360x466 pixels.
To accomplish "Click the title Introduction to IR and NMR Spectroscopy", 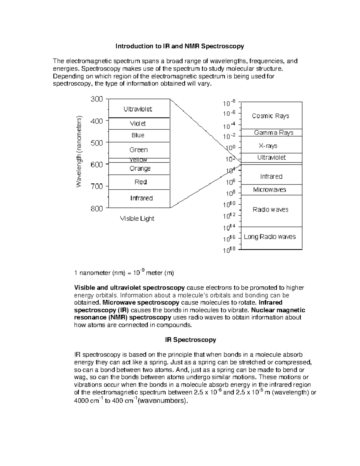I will pyautogui.click(x=180, y=46).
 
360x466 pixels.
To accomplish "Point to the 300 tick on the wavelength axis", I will pyautogui.click(x=97, y=99).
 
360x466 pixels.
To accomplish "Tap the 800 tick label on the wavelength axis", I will pyautogui.click(x=97, y=209).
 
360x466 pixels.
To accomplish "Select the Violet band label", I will pyautogui.click(x=138, y=123).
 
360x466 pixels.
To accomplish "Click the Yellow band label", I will pyautogui.click(x=138, y=160).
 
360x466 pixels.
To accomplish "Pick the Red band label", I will pyautogui.click(x=140, y=182).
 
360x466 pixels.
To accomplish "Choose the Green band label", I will pyautogui.click(x=138, y=149).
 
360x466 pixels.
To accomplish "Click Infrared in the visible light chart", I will pyautogui.click(x=141, y=198).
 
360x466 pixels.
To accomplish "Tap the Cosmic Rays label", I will pyautogui.click(x=270, y=116).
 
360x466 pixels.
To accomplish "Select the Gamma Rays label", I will pyautogui.click(x=274, y=133).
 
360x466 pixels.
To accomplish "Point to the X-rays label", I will pyautogui.click(x=268, y=146).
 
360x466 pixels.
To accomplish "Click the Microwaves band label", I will pyautogui.click(x=269, y=190).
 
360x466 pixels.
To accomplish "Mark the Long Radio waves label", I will pyautogui.click(x=270, y=237).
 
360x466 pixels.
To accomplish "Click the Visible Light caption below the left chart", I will pyautogui.click(x=137, y=218).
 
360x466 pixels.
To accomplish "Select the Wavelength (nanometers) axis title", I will pyautogui.click(x=79, y=152).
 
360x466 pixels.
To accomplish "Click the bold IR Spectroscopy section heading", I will pyautogui.click(x=190, y=340).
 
